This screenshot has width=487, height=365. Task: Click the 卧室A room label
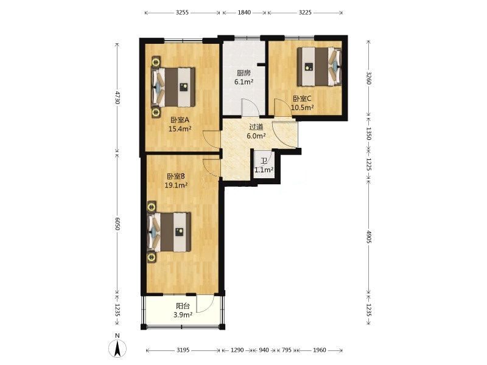(180, 120)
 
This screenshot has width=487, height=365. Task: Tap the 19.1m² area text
(176, 186)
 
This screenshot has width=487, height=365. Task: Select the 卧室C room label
(302, 99)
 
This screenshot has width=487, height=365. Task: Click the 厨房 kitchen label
(243, 73)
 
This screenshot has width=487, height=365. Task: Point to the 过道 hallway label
(256, 127)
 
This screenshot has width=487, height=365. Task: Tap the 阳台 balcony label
(183, 306)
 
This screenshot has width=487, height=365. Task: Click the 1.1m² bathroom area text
(264, 170)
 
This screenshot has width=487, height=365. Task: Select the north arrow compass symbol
(117, 348)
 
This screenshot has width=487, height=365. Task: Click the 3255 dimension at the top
(182, 13)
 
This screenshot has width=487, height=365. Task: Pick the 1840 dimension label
(244, 13)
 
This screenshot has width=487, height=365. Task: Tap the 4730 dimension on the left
(117, 97)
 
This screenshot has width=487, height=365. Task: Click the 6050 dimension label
(117, 223)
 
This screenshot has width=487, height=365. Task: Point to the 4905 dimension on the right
(369, 237)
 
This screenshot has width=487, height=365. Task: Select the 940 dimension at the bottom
(264, 350)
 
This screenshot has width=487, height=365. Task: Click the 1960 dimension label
(319, 350)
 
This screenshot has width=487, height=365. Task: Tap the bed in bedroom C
(319, 66)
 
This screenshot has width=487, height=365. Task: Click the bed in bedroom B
(169, 232)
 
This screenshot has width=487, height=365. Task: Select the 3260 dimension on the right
(369, 78)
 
